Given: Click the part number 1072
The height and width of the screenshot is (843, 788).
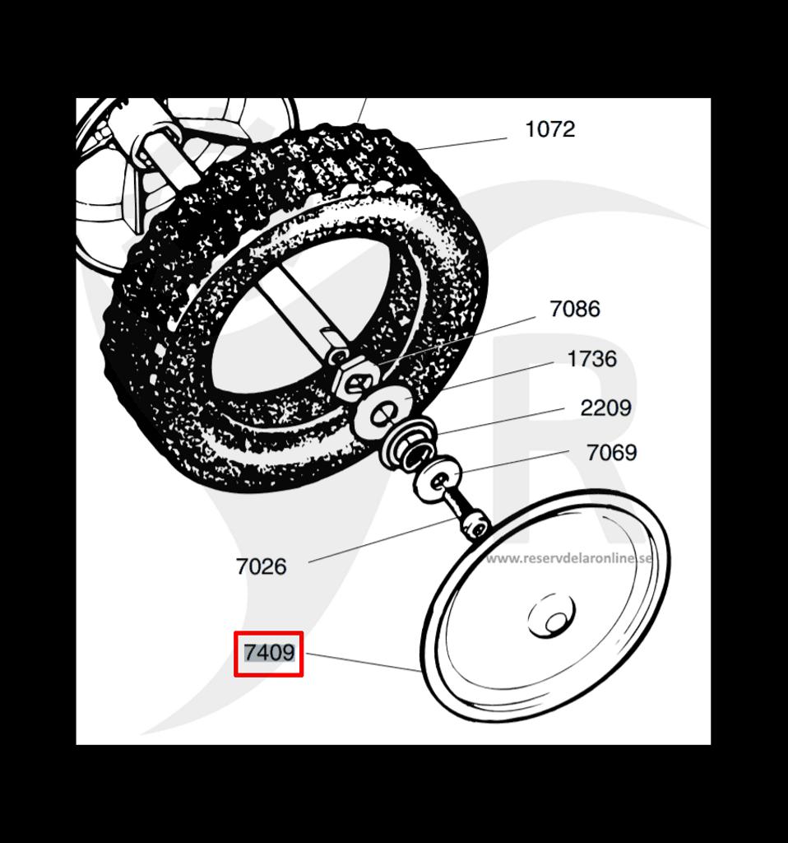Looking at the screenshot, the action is pos(550,129).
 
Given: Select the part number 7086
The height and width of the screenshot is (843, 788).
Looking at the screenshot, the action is pos(575,309).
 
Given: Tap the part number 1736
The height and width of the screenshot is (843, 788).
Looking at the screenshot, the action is pos(592,359).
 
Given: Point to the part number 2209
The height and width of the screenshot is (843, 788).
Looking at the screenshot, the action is pos(605,408).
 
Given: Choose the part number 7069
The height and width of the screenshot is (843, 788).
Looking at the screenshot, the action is pos(611,453).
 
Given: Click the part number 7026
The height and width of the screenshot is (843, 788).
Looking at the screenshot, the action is pos(261,566).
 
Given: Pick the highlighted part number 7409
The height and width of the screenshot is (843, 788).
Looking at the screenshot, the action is pos(269,653).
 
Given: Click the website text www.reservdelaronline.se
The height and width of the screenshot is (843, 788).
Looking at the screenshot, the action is pos(569,558).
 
